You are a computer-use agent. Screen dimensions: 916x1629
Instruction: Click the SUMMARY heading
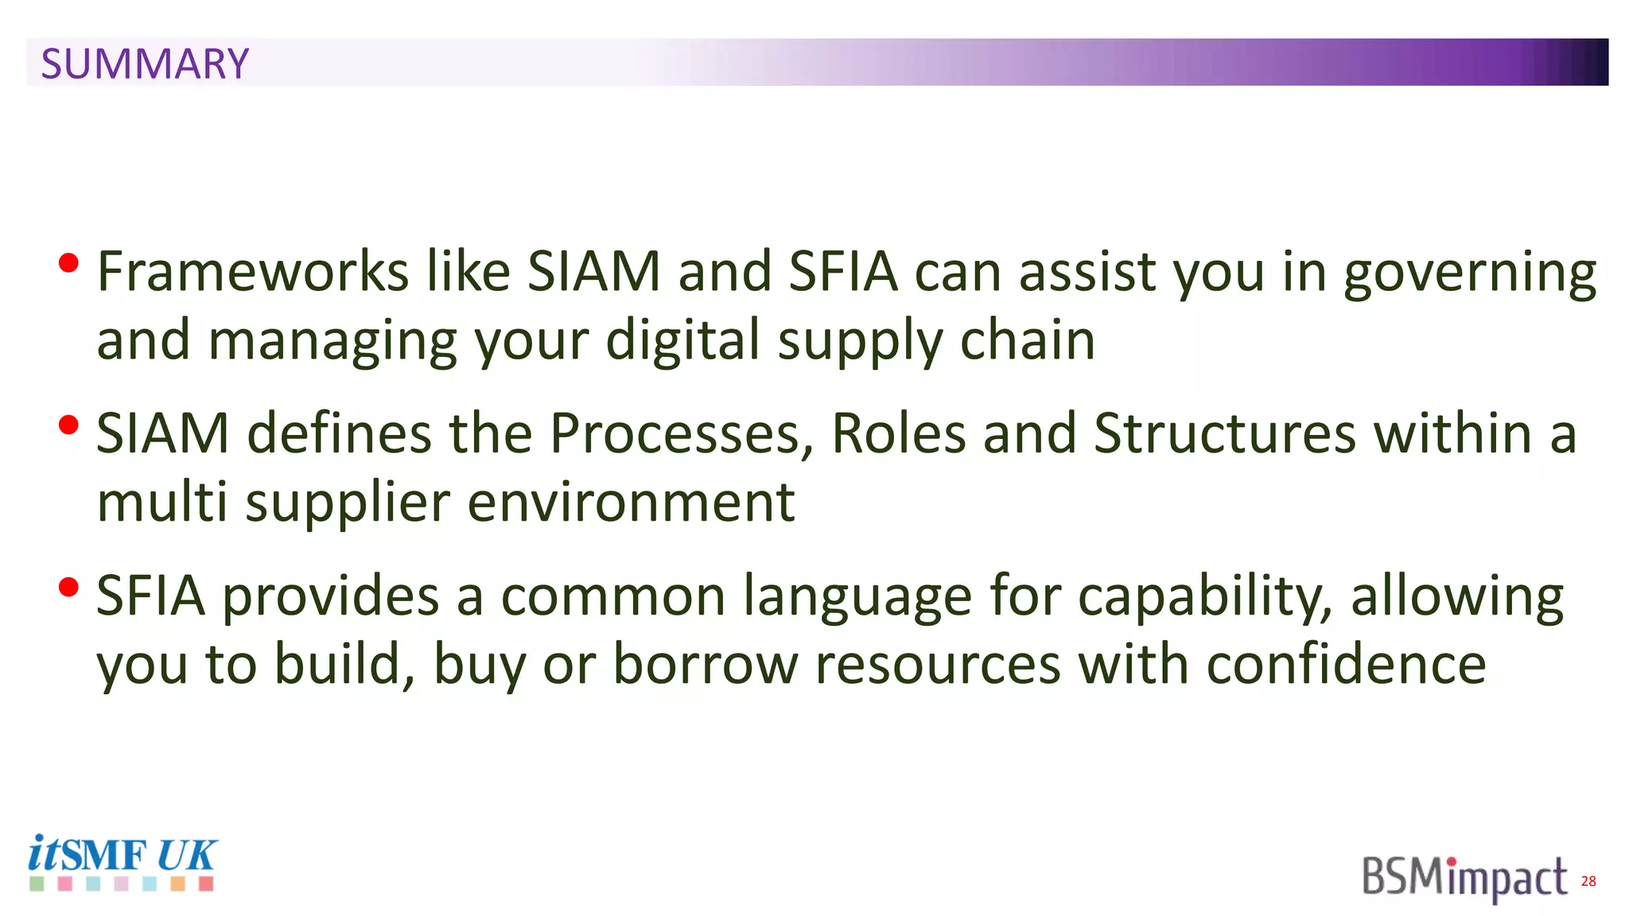pos(145,64)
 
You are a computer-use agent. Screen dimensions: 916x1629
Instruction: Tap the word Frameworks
pos(253,272)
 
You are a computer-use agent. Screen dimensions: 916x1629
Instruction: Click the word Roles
pos(898,434)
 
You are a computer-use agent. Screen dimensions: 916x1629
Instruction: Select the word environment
pos(631,503)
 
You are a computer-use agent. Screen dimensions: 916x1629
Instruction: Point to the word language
pos(857,597)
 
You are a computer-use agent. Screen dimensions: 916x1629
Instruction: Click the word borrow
pos(706,664)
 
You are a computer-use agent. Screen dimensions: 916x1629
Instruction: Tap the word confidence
pos(1346,664)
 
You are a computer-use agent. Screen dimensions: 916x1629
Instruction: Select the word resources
pos(939,666)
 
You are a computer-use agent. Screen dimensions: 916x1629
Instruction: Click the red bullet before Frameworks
pos(69,263)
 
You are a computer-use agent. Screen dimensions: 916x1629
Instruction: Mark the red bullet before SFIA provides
pos(69,588)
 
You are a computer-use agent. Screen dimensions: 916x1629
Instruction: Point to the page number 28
pos(1588,881)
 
